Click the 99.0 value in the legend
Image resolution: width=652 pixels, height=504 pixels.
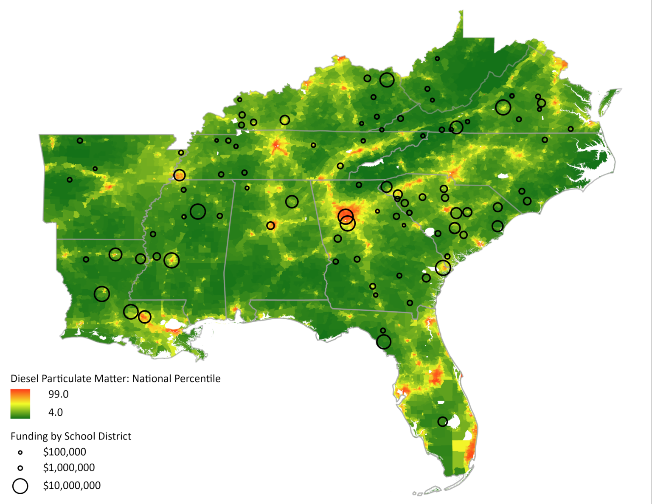coord(58,394)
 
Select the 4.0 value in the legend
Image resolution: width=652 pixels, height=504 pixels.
coord(55,412)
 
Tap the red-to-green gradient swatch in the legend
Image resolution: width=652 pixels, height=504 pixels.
coord(20,403)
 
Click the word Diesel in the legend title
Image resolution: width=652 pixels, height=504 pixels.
coord(25,379)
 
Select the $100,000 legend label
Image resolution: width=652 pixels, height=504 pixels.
coord(65,452)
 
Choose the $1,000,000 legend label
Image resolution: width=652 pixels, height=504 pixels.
coord(69,468)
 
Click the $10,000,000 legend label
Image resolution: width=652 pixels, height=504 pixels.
coord(72,486)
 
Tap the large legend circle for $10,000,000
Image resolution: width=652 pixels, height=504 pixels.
coord(20,486)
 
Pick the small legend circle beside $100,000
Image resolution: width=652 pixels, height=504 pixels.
coord(20,453)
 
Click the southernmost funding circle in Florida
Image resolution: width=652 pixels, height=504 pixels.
coord(442,422)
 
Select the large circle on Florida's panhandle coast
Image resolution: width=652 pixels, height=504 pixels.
coord(384,342)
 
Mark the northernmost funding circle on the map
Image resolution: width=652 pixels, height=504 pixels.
coord(437,59)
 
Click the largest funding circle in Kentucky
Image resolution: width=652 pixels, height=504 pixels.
coord(387,79)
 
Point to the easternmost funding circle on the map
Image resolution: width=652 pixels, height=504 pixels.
coord(570,129)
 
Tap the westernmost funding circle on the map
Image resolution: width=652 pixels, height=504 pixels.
coord(70,180)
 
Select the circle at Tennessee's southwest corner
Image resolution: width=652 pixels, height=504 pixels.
coord(180,175)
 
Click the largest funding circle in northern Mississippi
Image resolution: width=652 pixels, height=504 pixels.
coord(198,211)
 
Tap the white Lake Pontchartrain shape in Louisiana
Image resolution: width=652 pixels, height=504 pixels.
coord(172,325)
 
